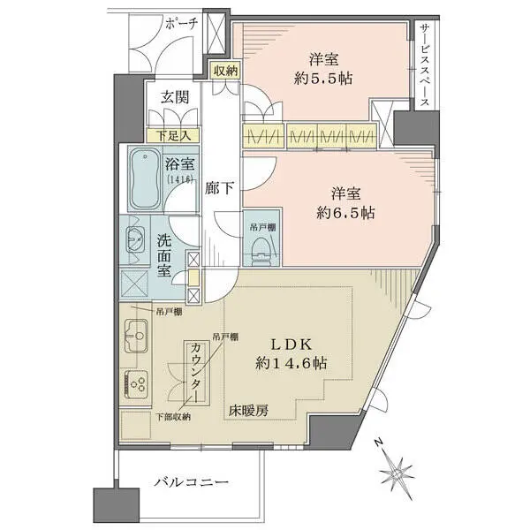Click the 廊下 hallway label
tap(219, 187)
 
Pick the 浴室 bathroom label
tap(180, 163)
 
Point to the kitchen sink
tap(139, 337)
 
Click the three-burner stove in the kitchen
tap(139, 384)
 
